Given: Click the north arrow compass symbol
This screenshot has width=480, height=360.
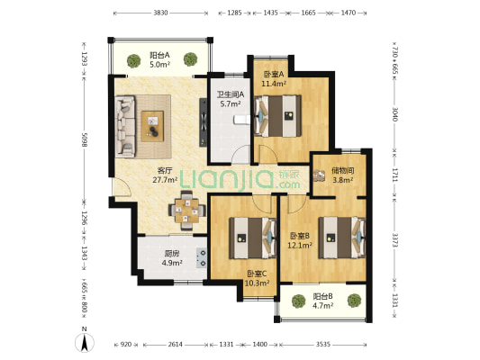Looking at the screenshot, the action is point(85,342).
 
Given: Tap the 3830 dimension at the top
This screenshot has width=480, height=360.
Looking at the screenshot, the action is point(160,13).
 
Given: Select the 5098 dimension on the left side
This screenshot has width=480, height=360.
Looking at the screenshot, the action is point(85,139).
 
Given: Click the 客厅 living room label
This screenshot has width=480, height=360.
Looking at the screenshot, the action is point(165,170).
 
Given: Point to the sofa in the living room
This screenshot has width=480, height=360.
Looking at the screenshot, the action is point(125,126).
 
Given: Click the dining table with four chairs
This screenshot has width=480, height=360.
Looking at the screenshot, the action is point(187,211).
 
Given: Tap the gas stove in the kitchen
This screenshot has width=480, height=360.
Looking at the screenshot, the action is point(202,257).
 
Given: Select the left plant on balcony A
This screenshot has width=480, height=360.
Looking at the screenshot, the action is point(134,61).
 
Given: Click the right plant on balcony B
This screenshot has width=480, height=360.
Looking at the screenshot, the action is point(355,301).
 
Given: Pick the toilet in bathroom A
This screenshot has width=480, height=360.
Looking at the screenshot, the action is point(241,120).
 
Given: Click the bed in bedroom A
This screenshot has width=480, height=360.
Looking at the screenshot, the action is point(277,115).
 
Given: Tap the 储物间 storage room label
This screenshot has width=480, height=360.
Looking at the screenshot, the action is point(343,170).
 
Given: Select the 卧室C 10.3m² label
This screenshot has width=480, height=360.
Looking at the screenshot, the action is point(258,278).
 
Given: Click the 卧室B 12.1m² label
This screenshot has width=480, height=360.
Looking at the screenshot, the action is point(300,240).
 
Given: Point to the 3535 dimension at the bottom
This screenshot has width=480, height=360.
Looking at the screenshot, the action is point(323,345).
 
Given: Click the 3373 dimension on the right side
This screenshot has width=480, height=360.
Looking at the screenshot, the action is point(395,239).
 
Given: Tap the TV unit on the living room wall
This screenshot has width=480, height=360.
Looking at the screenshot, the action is point(203,122).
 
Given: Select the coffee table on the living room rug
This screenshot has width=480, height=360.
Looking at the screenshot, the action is point(152,126).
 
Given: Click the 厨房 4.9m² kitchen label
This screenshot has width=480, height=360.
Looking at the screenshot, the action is point(172,257).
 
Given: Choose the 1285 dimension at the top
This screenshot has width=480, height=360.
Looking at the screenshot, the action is point(235,13).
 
